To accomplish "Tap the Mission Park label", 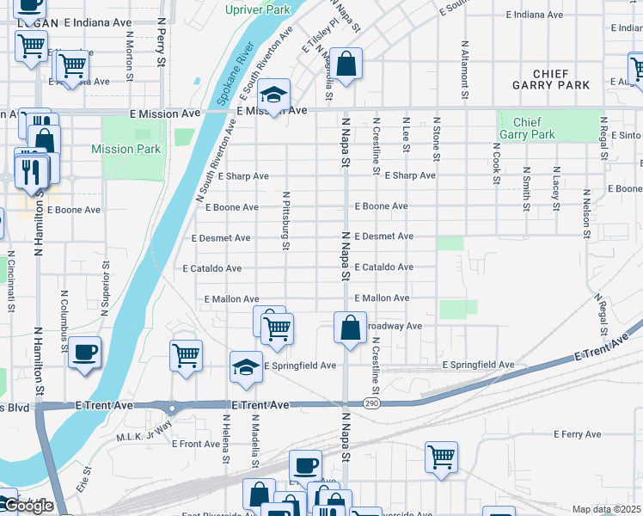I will pos(126,149).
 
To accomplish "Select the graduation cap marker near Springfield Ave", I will pos(246,367).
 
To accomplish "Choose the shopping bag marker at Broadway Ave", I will pos(350,329).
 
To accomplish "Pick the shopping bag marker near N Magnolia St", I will pos(345,64).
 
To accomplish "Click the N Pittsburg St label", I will pos(285,221).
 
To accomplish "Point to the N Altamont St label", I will pos(465,64).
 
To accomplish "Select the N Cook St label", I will pos(496,163).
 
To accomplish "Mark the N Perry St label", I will pos(161,43).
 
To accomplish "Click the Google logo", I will pos(28,507).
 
